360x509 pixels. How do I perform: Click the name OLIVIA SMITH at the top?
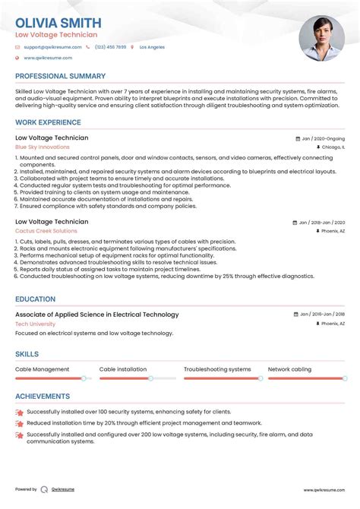point(57,22)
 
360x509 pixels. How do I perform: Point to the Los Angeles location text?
point(151,47)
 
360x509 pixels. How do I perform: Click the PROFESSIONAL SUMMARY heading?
point(60,77)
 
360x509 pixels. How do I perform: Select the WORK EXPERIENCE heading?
point(48,122)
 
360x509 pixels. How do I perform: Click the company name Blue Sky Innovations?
point(42,147)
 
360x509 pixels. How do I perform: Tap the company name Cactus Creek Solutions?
point(46,231)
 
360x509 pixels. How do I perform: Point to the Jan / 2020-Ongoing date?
point(322,139)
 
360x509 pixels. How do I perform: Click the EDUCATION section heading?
point(35,299)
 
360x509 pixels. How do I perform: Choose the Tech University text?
point(35,324)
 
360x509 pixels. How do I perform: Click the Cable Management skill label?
point(42,369)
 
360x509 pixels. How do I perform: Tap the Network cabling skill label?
point(289,369)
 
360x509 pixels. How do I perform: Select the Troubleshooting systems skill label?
point(217,369)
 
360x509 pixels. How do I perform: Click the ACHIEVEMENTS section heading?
point(43,397)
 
